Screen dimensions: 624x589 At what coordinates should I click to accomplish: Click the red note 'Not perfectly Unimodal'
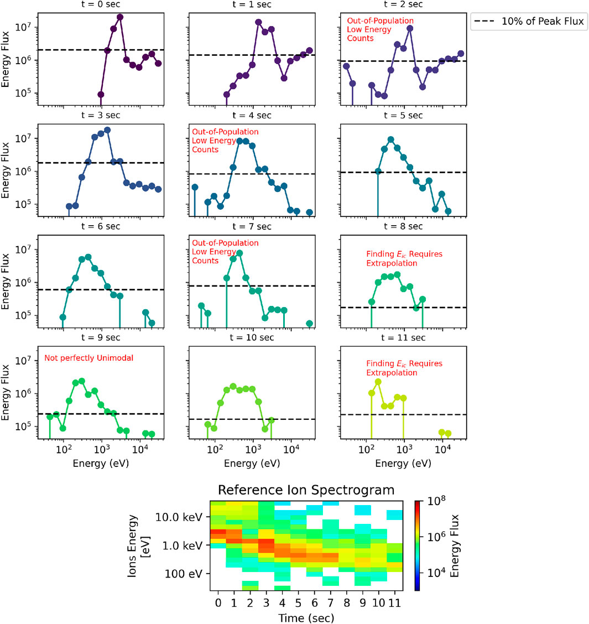tap(88, 358)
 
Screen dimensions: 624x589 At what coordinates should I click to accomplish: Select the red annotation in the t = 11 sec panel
tap(404, 368)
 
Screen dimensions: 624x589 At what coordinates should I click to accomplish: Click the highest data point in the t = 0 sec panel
tap(120, 17)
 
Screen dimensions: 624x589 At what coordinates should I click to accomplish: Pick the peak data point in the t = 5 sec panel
tap(391, 139)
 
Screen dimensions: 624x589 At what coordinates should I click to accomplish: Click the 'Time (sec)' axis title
tap(306, 617)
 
